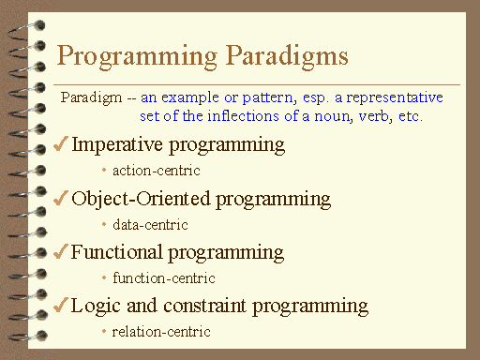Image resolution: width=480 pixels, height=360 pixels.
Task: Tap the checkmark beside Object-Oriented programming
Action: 59,199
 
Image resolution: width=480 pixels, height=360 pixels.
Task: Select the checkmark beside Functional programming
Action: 59,252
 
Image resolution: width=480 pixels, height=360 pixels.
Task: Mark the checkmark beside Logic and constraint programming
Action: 59,306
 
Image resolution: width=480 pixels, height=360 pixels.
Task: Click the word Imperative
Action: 120,145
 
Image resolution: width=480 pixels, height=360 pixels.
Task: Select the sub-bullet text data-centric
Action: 150,224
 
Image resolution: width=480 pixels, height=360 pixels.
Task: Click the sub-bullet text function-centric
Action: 164,278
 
